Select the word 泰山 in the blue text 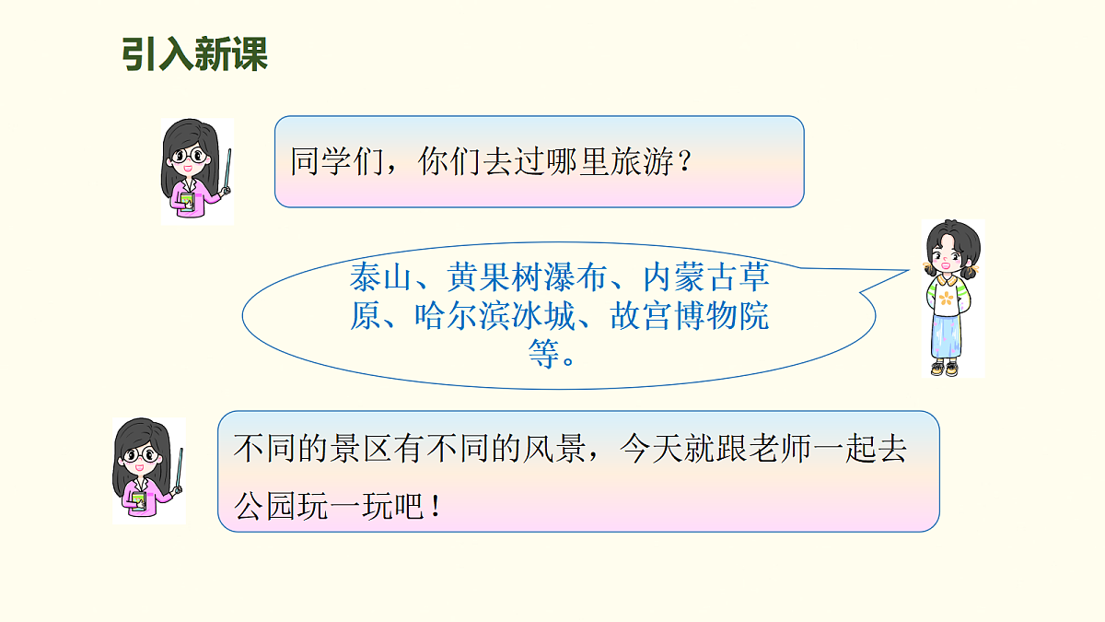point(380,277)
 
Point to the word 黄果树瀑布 point(527,277)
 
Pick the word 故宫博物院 point(689,316)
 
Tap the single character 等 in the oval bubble point(543,355)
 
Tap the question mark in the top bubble point(683,164)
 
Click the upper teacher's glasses point(191,157)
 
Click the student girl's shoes point(946,369)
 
